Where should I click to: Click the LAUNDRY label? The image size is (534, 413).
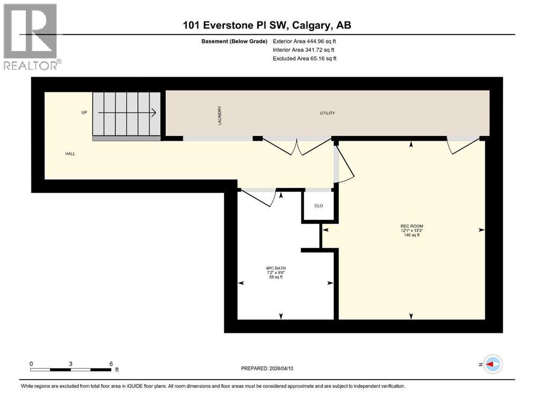point(219,115)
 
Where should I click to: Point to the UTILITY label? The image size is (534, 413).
point(327,113)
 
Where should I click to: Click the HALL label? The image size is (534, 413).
point(70,154)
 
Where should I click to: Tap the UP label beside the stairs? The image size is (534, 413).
point(84,112)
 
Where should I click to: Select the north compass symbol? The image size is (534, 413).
point(493,365)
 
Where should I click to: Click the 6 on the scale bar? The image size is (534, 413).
point(111,363)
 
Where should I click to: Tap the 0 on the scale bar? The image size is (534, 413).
point(31,363)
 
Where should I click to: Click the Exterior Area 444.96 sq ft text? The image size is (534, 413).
point(304,41)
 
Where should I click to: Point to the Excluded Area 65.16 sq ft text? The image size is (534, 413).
point(304,58)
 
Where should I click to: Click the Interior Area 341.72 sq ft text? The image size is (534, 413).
point(304,49)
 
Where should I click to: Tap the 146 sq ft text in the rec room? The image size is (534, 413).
point(411,235)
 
